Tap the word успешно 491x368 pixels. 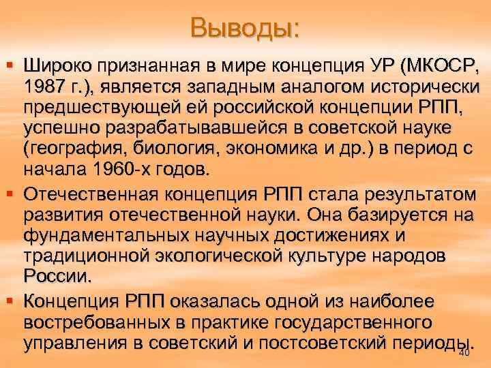pos(60,129)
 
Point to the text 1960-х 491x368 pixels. pos(115,170)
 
